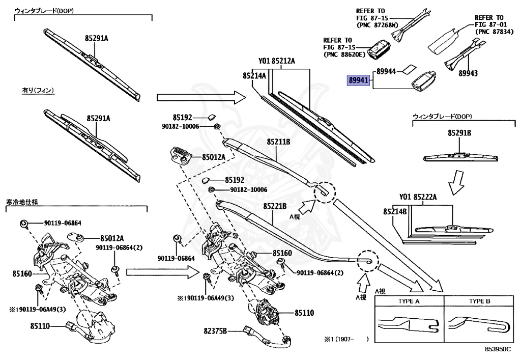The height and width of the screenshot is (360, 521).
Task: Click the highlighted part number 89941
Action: coord(358,80)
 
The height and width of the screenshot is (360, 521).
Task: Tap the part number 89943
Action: coord(468,73)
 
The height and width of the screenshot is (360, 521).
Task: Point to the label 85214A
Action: coord(254,75)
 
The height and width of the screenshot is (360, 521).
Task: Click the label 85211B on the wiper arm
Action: coord(277,142)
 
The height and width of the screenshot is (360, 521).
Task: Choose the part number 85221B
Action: coord(275,206)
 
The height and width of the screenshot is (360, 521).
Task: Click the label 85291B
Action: coord(459,133)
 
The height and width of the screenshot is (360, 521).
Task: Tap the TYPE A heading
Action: coord(409,301)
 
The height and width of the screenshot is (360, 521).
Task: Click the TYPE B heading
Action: coord(480,301)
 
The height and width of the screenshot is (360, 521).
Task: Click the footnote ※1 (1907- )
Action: coord(346,338)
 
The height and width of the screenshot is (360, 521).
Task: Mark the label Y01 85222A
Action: coord(418,197)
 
